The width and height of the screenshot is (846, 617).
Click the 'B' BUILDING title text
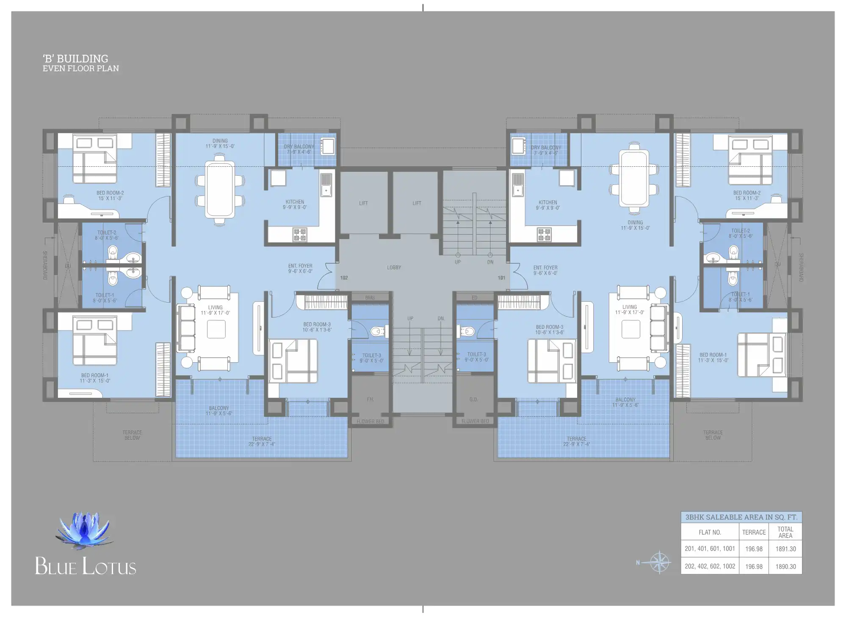(75, 58)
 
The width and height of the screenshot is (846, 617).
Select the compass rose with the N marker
(659, 562)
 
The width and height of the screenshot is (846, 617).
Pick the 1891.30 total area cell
(785, 549)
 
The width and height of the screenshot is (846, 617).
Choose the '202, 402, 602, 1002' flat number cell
(710, 566)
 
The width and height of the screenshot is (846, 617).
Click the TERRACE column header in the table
(754, 532)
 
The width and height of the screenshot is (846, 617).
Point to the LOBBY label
(394, 267)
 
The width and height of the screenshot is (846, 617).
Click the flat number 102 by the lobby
(344, 278)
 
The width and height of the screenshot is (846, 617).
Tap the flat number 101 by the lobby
(501, 278)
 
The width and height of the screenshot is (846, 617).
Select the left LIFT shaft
(363, 203)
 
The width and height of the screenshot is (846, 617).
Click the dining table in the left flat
(220, 190)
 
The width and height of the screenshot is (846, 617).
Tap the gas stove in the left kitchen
(300, 234)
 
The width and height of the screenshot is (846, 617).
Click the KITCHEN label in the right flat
(548, 202)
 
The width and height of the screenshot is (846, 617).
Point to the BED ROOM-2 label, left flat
(110, 193)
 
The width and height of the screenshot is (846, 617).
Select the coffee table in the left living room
(216, 329)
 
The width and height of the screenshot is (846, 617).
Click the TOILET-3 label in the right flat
(476, 355)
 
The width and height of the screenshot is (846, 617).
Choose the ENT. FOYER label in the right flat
(545, 268)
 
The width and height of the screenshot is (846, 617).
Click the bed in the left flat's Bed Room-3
(293, 361)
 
